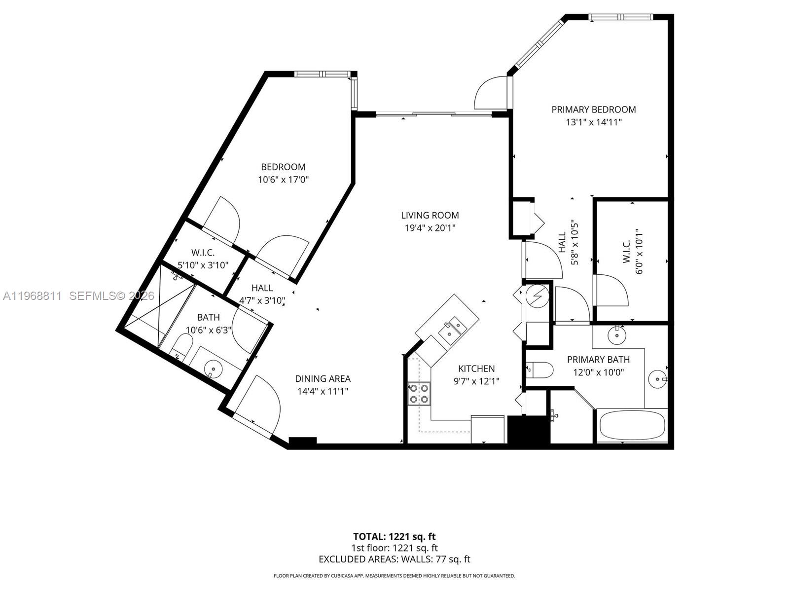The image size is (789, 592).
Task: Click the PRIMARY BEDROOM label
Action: [593, 110]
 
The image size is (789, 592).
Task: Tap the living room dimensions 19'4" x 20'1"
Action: [430, 228]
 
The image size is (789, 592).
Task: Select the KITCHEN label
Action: [476, 369]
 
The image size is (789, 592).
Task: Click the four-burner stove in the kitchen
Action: [419, 394]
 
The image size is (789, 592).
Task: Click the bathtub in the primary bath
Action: [632, 425]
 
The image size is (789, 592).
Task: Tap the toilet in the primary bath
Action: [539, 370]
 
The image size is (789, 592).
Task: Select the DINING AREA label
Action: [323, 378]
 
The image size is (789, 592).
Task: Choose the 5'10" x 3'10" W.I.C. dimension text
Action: [203, 265]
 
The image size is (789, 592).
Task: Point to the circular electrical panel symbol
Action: [535, 296]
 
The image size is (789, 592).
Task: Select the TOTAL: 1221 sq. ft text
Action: [394, 536]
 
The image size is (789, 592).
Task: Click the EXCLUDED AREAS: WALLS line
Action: [394, 559]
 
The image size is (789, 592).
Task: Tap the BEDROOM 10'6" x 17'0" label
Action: [283, 173]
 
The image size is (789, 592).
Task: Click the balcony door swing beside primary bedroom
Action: [489, 94]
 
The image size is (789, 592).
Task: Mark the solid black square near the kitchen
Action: [528, 429]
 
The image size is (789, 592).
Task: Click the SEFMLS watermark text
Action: [112, 296]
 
